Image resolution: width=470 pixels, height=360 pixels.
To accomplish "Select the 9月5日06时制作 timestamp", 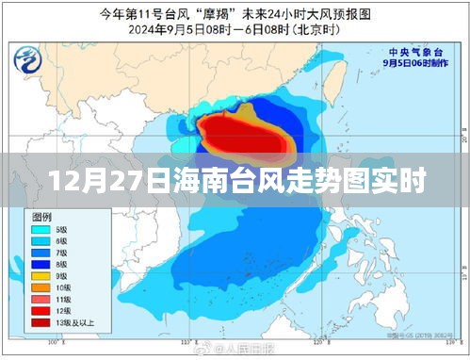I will point(414,63).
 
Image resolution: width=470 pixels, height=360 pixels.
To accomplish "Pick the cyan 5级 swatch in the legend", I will point(41,228).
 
